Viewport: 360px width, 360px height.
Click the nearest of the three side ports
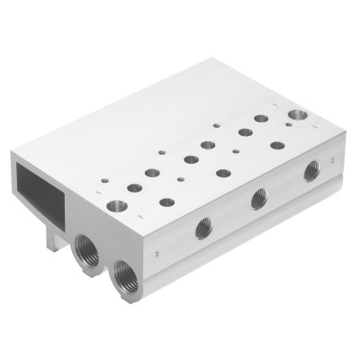(201, 230)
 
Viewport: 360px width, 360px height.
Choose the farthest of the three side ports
(311, 168)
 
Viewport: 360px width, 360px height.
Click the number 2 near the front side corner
(157, 256)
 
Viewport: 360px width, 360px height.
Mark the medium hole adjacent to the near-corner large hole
(135, 187)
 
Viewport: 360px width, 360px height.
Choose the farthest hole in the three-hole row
(277, 144)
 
